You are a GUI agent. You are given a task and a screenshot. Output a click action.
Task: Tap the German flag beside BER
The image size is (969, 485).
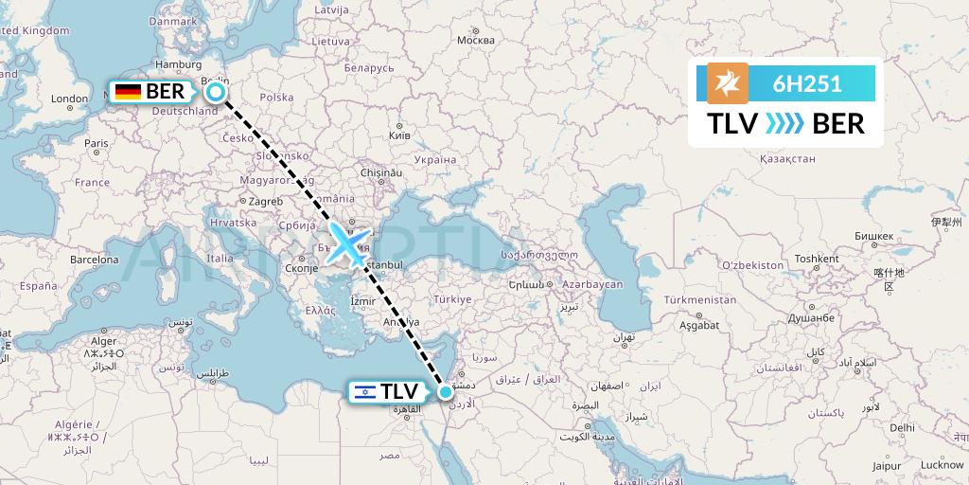click(128, 92)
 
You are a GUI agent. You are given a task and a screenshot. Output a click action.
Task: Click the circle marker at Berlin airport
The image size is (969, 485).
click(216, 92)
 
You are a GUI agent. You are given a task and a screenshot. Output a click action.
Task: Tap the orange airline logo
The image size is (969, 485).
click(727, 83)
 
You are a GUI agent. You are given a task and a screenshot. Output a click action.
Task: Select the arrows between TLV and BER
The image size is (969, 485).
click(784, 124)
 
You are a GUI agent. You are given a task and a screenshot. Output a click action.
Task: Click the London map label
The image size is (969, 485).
click(69, 99)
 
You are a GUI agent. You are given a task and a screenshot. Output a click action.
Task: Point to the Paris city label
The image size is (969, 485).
click(95, 144)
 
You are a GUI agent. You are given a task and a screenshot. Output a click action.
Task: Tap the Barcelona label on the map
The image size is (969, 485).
click(94, 260)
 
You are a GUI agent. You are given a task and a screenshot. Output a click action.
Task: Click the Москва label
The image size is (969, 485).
click(475, 41)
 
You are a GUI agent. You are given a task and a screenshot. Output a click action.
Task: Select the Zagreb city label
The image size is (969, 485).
click(266, 202)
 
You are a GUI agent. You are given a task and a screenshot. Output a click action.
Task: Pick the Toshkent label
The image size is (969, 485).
click(817, 259)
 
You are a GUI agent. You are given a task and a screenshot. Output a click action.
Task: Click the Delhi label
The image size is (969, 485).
click(901, 427)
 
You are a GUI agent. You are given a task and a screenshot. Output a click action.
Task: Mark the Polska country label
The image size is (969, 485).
click(276, 98)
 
